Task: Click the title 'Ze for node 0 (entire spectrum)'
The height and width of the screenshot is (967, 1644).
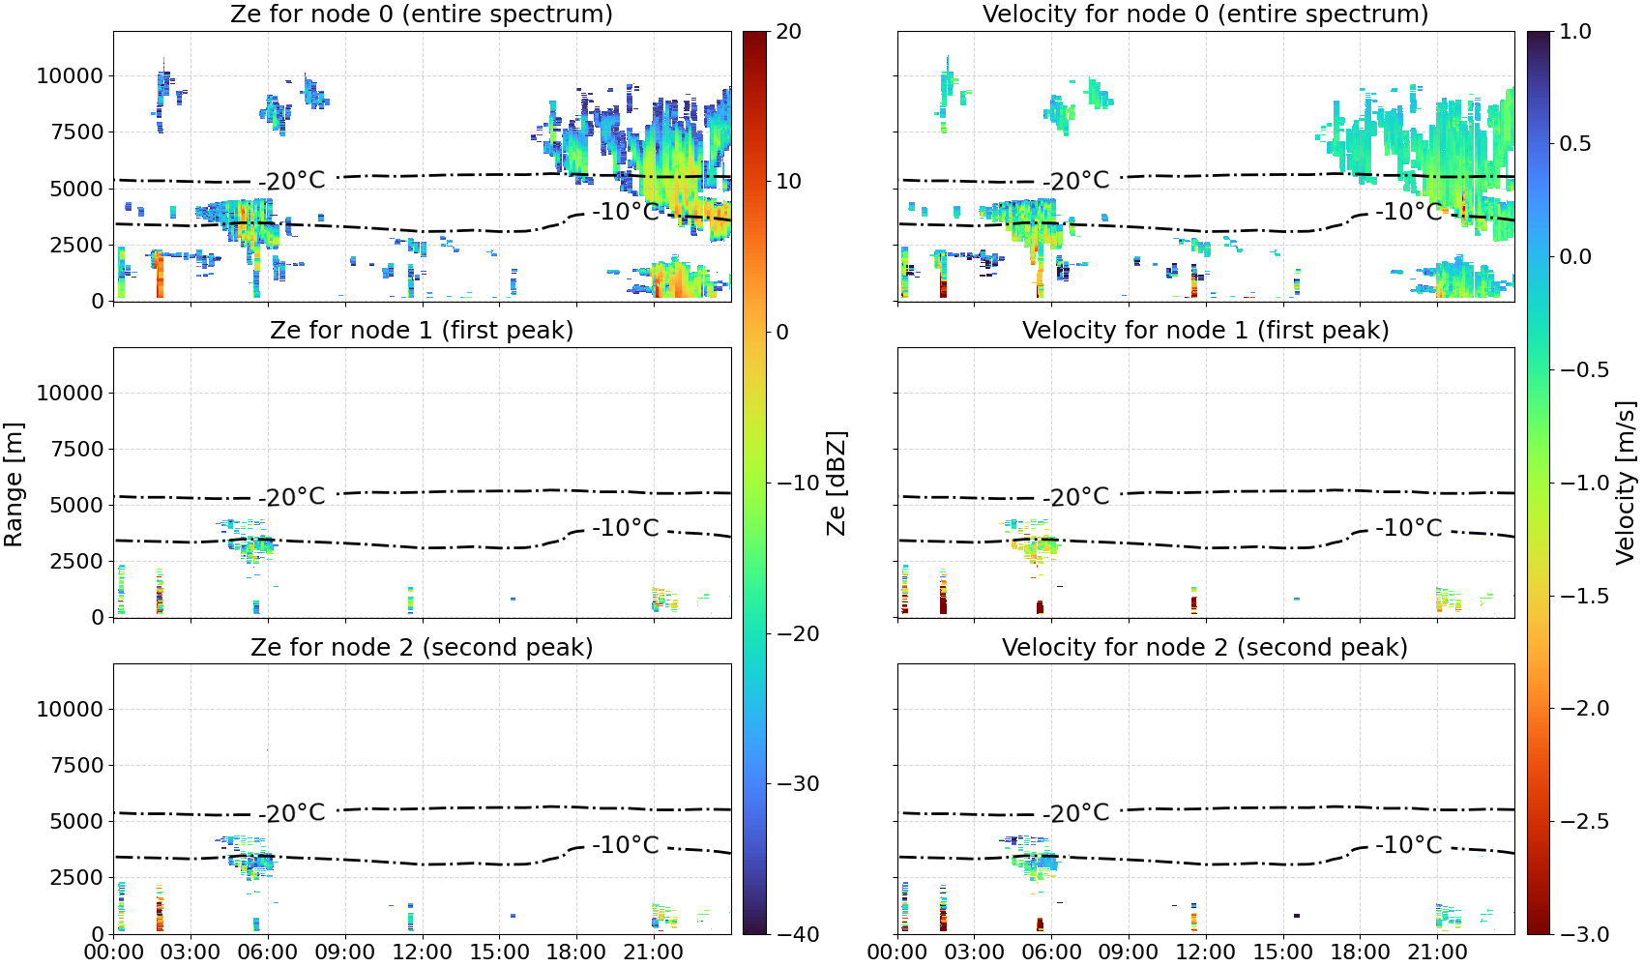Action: pos(422,15)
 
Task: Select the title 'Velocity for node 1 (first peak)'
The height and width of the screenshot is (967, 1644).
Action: pos(1206,331)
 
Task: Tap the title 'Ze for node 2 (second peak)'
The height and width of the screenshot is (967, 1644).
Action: pos(422,648)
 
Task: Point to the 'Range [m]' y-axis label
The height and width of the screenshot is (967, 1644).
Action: pos(14,484)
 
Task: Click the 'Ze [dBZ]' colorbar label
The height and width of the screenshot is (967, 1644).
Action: pos(837,483)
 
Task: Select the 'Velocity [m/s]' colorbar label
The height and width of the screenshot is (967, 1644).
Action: pos(1626,483)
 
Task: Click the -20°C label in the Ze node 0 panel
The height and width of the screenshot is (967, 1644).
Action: pos(291,181)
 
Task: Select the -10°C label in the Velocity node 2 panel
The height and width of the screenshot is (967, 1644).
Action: pos(1408,845)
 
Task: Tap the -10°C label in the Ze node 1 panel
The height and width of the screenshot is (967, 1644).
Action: pos(626,528)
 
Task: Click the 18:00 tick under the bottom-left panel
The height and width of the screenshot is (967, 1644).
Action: pos(576,952)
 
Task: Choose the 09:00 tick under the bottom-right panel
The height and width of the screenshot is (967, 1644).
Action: pos(1129,952)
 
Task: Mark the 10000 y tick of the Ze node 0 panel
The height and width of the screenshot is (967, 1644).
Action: pos(70,75)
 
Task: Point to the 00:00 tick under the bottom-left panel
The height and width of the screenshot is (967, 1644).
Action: pos(114,952)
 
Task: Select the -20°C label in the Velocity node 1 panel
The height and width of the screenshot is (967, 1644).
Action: pos(1076,497)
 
